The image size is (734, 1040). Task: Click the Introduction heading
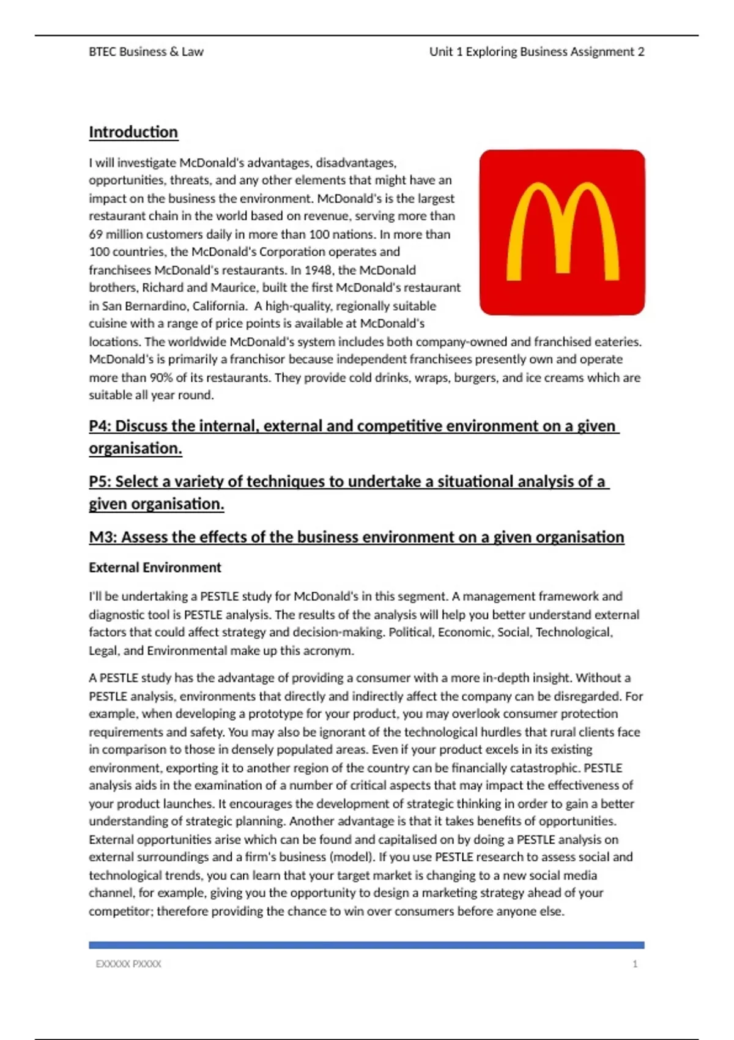click(133, 132)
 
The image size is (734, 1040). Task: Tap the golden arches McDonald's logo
click(562, 232)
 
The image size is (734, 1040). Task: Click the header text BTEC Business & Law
click(146, 52)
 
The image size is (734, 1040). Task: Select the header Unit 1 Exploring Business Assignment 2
click(536, 52)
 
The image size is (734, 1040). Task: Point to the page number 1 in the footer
click(635, 964)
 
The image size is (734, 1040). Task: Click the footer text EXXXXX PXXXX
click(128, 964)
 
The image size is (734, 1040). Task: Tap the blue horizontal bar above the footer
click(366, 945)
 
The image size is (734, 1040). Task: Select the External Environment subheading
click(155, 568)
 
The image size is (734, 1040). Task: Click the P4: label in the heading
click(100, 426)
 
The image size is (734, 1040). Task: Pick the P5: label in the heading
click(100, 482)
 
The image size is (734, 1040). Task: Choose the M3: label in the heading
click(102, 537)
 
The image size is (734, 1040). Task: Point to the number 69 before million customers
click(95, 234)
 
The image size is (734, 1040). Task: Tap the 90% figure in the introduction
click(161, 377)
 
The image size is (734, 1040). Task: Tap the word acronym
click(330, 651)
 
